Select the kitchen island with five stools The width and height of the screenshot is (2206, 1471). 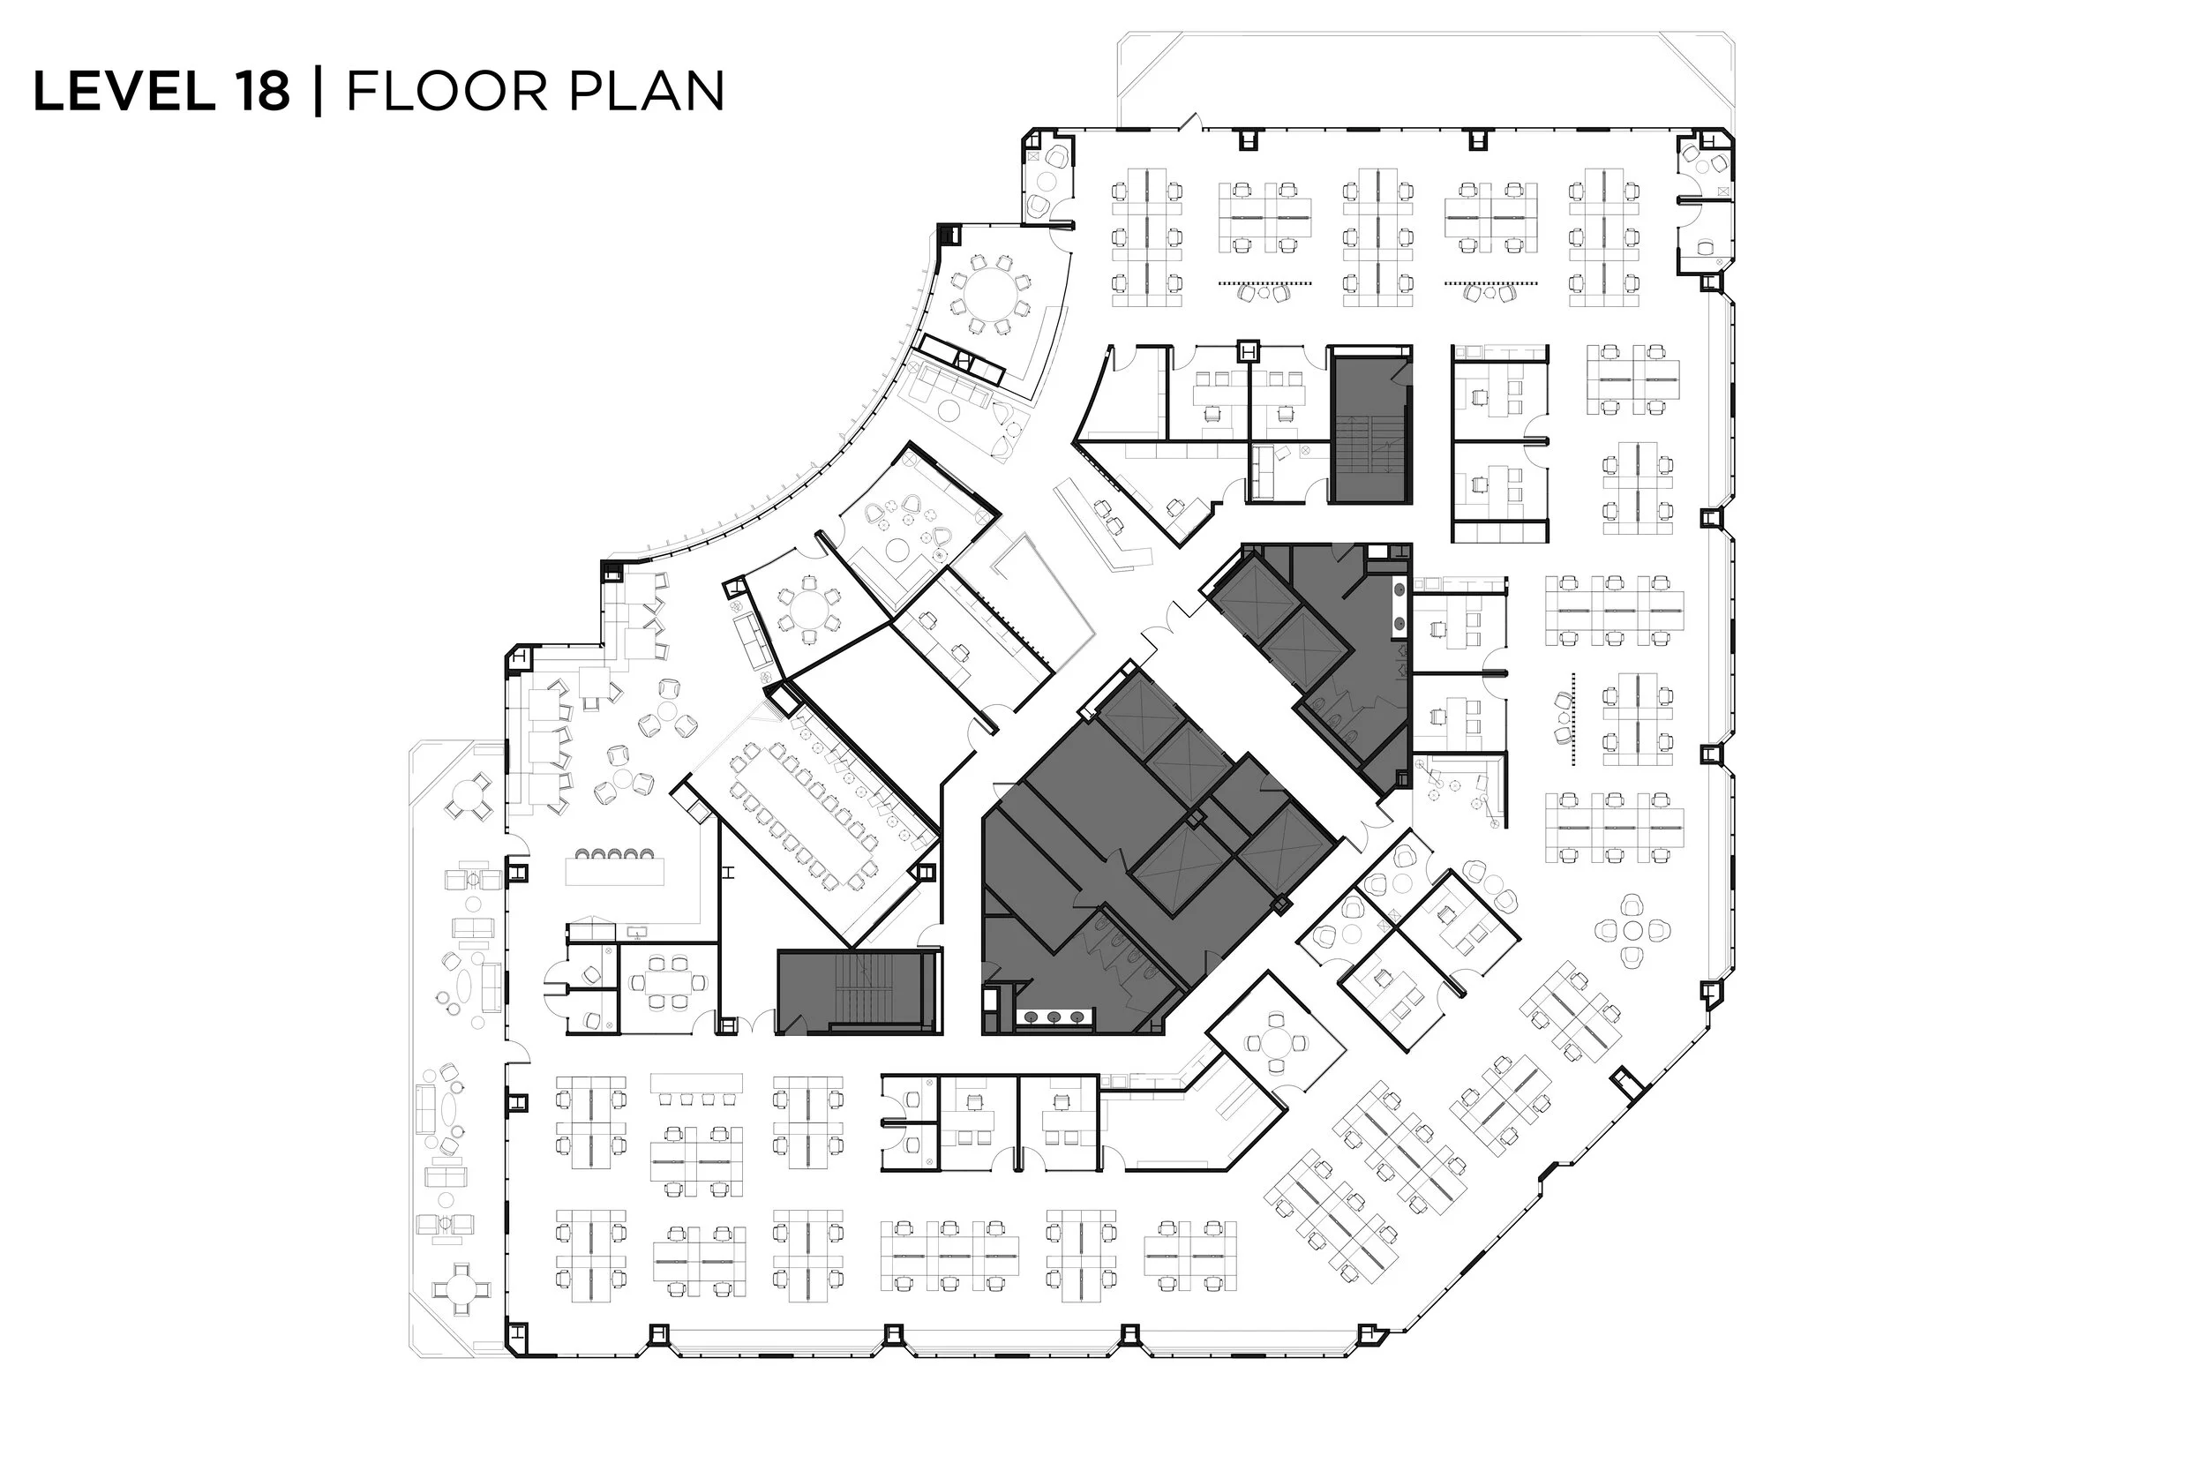pyautogui.click(x=614, y=870)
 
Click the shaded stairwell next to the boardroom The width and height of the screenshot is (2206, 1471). pyautogui.click(x=859, y=992)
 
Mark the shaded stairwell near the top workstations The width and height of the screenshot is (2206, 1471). pyautogui.click(x=1369, y=427)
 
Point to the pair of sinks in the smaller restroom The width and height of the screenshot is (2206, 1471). pyautogui.click(x=1399, y=607)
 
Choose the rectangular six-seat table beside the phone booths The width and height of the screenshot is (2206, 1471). pyautogui.click(x=668, y=982)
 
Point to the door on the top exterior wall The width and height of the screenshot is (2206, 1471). pyautogui.click(x=1192, y=122)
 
